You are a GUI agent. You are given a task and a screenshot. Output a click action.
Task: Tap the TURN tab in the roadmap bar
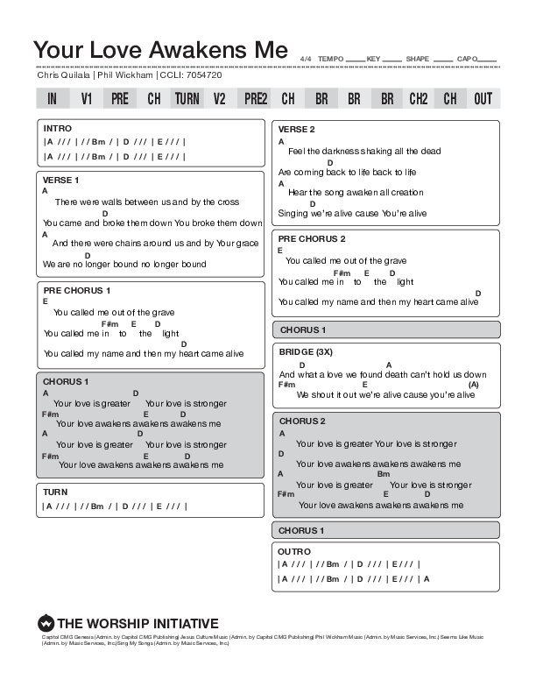[187, 99]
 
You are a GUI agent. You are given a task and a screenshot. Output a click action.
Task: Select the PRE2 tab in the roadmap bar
[256, 99]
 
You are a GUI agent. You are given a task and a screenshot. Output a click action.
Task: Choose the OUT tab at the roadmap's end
[483, 99]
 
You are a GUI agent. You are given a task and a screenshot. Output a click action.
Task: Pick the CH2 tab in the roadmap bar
[419, 99]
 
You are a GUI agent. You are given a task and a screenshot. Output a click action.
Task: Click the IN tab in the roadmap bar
[53, 99]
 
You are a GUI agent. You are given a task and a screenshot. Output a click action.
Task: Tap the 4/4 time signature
[306, 59]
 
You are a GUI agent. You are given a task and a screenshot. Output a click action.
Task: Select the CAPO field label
[467, 59]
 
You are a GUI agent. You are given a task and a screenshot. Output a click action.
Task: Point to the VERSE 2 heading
[296, 129]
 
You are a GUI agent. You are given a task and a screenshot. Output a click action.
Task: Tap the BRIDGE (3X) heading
[306, 351]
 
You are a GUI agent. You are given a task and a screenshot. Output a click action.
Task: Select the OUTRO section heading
[294, 550]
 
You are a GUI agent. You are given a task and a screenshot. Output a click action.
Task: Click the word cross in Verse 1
[228, 202]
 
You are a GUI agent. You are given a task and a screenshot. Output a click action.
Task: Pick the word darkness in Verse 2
[341, 151]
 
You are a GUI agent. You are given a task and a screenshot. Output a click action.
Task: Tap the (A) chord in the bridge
[473, 384]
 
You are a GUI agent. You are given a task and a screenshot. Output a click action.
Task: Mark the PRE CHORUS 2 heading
[312, 238]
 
